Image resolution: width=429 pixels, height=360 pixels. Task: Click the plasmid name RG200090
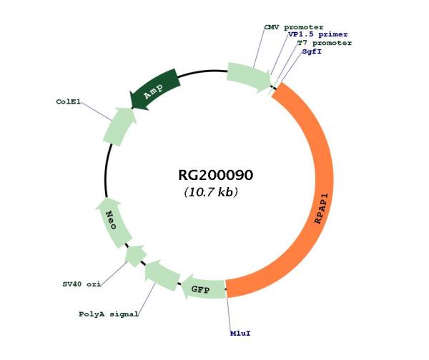[x=216, y=175]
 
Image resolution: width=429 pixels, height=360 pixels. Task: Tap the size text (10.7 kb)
[x=211, y=192]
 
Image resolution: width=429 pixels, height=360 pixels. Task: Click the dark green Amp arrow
[x=155, y=89]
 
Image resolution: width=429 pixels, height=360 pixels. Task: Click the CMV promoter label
[x=294, y=27]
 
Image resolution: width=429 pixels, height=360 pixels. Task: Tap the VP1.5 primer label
[x=318, y=35]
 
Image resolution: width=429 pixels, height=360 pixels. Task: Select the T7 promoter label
[x=325, y=43]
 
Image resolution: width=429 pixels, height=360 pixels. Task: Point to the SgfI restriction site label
[x=312, y=51]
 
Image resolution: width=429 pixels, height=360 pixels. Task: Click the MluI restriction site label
[x=240, y=334]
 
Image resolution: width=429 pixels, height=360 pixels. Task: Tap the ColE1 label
[x=69, y=101]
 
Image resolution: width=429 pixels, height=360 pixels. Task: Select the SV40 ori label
[x=82, y=284]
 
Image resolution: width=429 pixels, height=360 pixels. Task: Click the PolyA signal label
[x=109, y=314]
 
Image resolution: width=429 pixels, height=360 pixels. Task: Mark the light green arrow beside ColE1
[x=119, y=126]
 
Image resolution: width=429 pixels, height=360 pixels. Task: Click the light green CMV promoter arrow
[x=248, y=77]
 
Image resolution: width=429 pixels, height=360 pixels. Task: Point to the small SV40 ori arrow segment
[x=135, y=256]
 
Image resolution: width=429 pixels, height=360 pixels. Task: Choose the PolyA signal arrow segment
[x=162, y=276]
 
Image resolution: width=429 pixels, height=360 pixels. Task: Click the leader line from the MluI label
[x=229, y=314]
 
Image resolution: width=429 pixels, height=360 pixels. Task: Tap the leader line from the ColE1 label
[x=97, y=111]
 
